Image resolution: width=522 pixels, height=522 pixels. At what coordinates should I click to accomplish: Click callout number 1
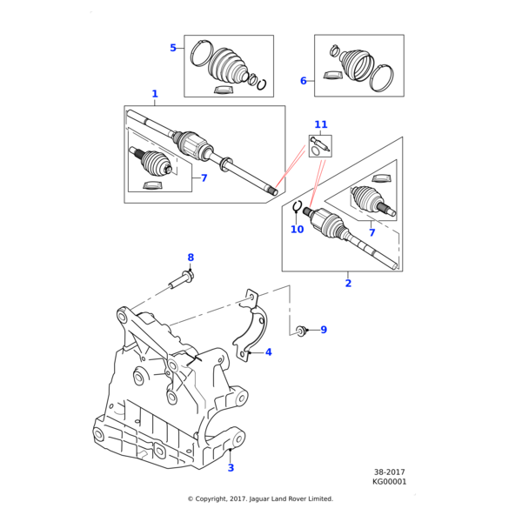[x=155, y=94]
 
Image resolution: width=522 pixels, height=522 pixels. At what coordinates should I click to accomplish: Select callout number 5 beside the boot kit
[x=173, y=48]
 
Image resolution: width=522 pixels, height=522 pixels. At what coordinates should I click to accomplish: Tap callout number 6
[x=304, y=81]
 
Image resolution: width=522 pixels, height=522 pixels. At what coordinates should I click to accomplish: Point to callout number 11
[x=320, y=125]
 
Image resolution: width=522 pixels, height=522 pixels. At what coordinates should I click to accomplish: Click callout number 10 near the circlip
[x=297, y=230]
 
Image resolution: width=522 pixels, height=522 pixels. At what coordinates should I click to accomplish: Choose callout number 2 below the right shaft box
[x=348, y=283]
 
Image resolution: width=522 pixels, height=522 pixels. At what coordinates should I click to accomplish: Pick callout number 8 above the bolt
[x=191, y=257]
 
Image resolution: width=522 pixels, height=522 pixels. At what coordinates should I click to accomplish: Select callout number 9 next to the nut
[x=324, y=330]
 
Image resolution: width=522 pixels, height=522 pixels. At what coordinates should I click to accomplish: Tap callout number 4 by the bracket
[x=269, y=352]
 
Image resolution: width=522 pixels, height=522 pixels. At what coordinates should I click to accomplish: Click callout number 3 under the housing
[x=231, y=468]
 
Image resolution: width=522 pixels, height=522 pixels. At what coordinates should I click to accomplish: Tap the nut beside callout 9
[x=301, y=330]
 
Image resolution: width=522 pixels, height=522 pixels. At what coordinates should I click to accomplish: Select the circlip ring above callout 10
[x=298, y=207]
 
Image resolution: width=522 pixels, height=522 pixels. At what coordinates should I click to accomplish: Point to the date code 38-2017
[x=389, y=472]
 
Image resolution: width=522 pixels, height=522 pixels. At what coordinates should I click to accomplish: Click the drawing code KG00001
[x=389, y=482]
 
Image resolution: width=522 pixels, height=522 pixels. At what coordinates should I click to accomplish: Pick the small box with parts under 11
[x=319, y=145]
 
